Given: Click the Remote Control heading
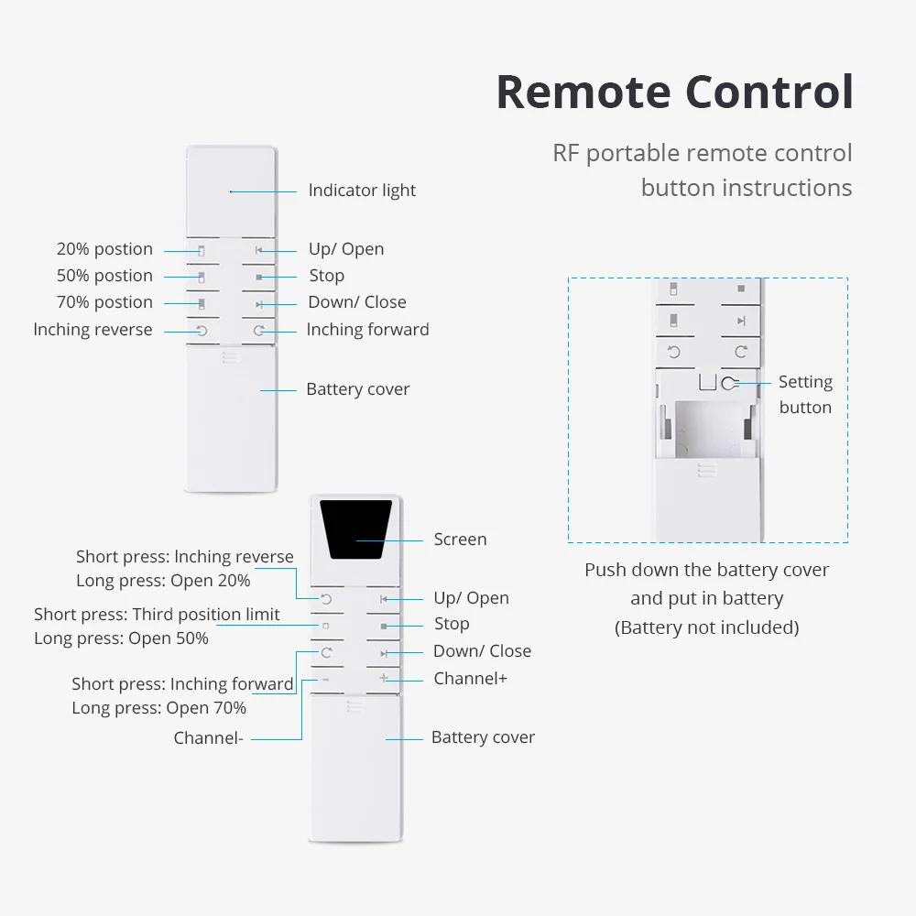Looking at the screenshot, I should coord(674,92).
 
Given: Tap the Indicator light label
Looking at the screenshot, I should coord(362,191).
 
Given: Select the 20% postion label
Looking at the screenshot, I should coord(104,249).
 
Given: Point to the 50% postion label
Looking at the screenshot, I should coord(104,276).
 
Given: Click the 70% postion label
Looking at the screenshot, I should coord(104,302).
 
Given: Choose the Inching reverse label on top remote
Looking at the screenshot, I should coord(93,330).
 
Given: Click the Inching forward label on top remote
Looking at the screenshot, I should coord(367,330).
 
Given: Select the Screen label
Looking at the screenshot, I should coord(460,540).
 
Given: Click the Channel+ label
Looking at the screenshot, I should coord(470,679).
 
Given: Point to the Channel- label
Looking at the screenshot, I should coord(208,738).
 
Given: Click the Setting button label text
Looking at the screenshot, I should coord(805,395).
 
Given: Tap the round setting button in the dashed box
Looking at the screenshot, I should coord(729,384).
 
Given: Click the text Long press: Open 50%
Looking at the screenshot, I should coord(121,638).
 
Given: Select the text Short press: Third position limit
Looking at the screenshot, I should coord(157,615).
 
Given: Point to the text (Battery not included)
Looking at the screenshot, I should coord(706,627).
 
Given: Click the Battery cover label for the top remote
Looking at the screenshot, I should coord(357,389).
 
